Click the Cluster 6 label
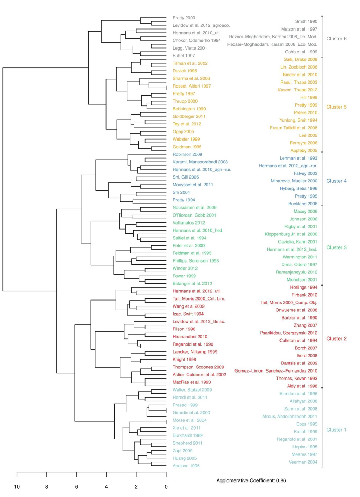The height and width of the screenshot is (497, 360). (336, 39)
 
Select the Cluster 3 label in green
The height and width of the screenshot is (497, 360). (336, 247)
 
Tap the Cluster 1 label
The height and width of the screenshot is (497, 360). (336, 430)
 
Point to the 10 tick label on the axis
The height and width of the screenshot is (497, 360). (17, 487)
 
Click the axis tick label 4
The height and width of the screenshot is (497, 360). (107, 487)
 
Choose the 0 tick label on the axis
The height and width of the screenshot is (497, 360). (166, 487)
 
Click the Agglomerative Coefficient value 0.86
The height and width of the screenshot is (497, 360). (281, 480)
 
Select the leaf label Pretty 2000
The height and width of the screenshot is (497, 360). (184, 18)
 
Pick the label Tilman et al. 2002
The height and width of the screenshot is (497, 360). (190, 63)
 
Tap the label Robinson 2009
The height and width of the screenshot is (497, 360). (187, 154)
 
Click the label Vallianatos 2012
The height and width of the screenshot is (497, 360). (188, 223)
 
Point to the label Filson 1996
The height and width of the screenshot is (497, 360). (184, 329)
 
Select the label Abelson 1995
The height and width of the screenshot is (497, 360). (186, 466)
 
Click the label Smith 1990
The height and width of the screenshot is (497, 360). (306, 21)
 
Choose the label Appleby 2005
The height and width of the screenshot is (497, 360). (304, 150)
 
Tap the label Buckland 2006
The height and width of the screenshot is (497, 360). (303, 204)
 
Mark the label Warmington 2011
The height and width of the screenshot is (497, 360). (300, 257)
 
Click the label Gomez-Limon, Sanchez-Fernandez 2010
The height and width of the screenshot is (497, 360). (276, 371)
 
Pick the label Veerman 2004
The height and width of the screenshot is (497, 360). (303, 462)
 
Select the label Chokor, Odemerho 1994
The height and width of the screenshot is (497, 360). (197, 40)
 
